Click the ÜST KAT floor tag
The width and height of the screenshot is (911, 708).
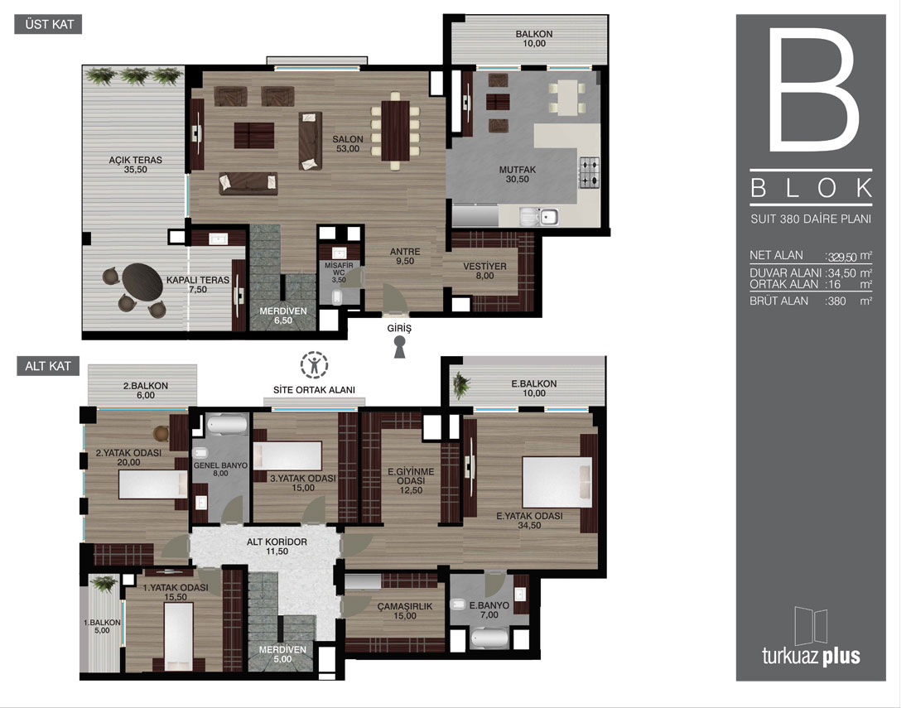click(48, 24)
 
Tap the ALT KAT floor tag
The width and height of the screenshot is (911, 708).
click(48, 366)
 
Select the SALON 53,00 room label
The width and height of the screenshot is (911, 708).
click(348, 144)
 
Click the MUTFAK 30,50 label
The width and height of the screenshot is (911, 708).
click(517, 174)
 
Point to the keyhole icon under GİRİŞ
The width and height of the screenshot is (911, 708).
click(400, 347)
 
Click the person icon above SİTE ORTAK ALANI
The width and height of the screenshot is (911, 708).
click(315, 364)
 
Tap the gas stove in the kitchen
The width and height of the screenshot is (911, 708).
click(589, 173)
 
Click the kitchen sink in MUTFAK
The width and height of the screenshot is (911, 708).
click(539, 217)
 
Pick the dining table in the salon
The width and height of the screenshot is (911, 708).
click(396, 132)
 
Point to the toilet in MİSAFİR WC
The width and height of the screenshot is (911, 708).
click(338, 297)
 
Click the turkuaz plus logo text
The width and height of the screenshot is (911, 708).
click(811, 657)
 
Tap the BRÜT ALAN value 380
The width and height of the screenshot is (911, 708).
click(836, 301)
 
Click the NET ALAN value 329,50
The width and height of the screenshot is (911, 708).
click(842, 257)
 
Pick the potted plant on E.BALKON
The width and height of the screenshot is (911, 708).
click(460, 384)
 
